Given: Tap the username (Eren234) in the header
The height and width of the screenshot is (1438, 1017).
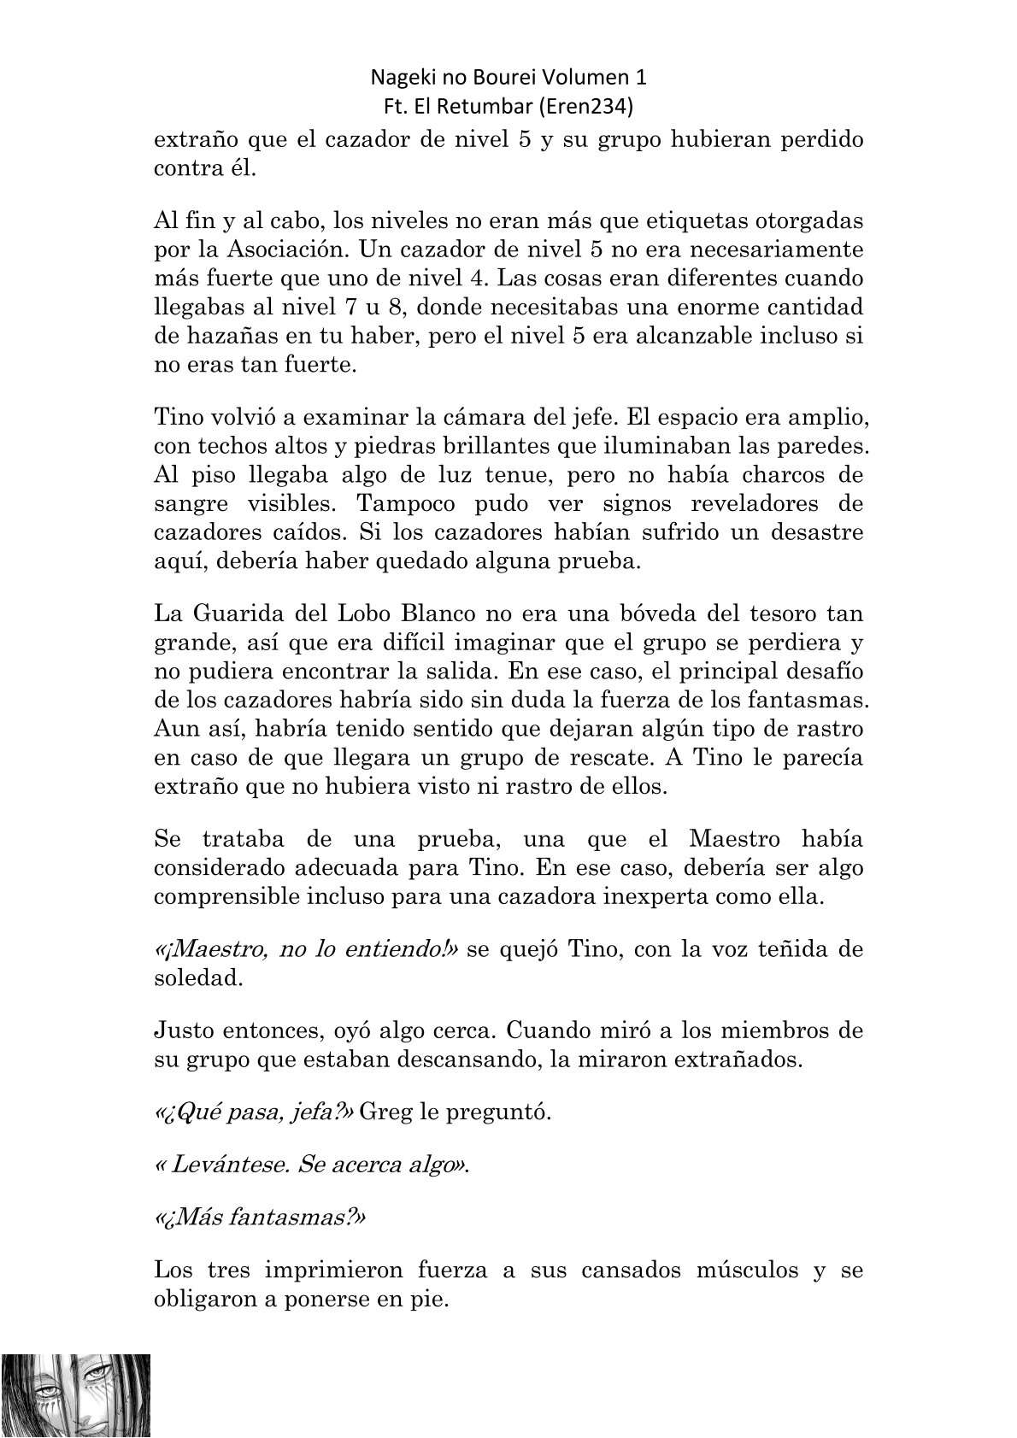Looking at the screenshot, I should click(597, 107).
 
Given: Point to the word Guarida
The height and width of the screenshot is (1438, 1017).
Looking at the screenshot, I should click(242, 613).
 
